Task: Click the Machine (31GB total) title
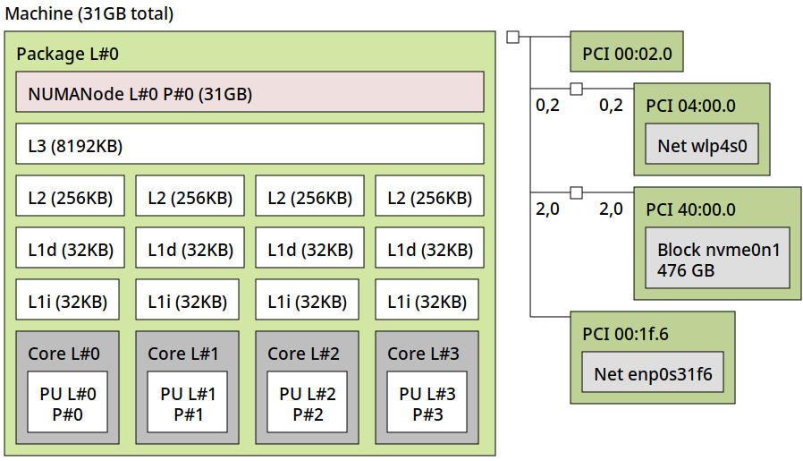89,13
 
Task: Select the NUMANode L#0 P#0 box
249,92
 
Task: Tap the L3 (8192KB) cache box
249,144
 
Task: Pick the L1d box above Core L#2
309,249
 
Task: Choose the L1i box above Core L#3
427,301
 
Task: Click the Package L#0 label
67,54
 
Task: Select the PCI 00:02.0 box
627,53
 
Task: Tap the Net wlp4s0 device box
702,145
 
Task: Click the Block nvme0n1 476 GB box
718,259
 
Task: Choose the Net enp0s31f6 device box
653,373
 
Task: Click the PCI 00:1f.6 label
625,334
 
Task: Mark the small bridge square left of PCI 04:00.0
576,89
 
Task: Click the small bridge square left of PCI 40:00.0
576,192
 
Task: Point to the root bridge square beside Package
512,37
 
